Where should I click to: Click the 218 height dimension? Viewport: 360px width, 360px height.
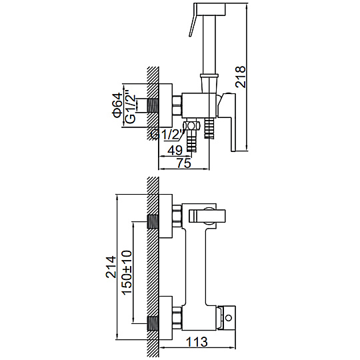click(241, 77)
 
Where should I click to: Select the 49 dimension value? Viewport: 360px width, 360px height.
click(175, 151)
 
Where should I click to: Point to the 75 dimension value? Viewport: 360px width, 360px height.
click(184, 163)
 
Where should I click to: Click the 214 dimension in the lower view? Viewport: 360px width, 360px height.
click(111, 267)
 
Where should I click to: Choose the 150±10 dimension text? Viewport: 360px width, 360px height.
click(127, 272)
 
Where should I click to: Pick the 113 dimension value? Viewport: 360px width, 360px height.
click(197, 342)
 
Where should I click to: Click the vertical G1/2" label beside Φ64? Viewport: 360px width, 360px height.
click(131, 109)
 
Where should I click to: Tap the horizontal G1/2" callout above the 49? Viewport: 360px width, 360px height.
click(168, 135)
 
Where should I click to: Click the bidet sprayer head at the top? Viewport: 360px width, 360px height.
click(210, 9)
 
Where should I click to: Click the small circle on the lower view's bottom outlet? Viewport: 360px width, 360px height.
click(229, 318)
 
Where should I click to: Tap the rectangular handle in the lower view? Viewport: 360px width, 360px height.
click(207, 216)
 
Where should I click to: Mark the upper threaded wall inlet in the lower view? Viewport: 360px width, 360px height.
click(153, 221)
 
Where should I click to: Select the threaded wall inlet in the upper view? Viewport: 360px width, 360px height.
click(153, 105)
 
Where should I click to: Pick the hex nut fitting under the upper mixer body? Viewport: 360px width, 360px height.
click(191, 126)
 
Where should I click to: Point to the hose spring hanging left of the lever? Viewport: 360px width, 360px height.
click(209, 129)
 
